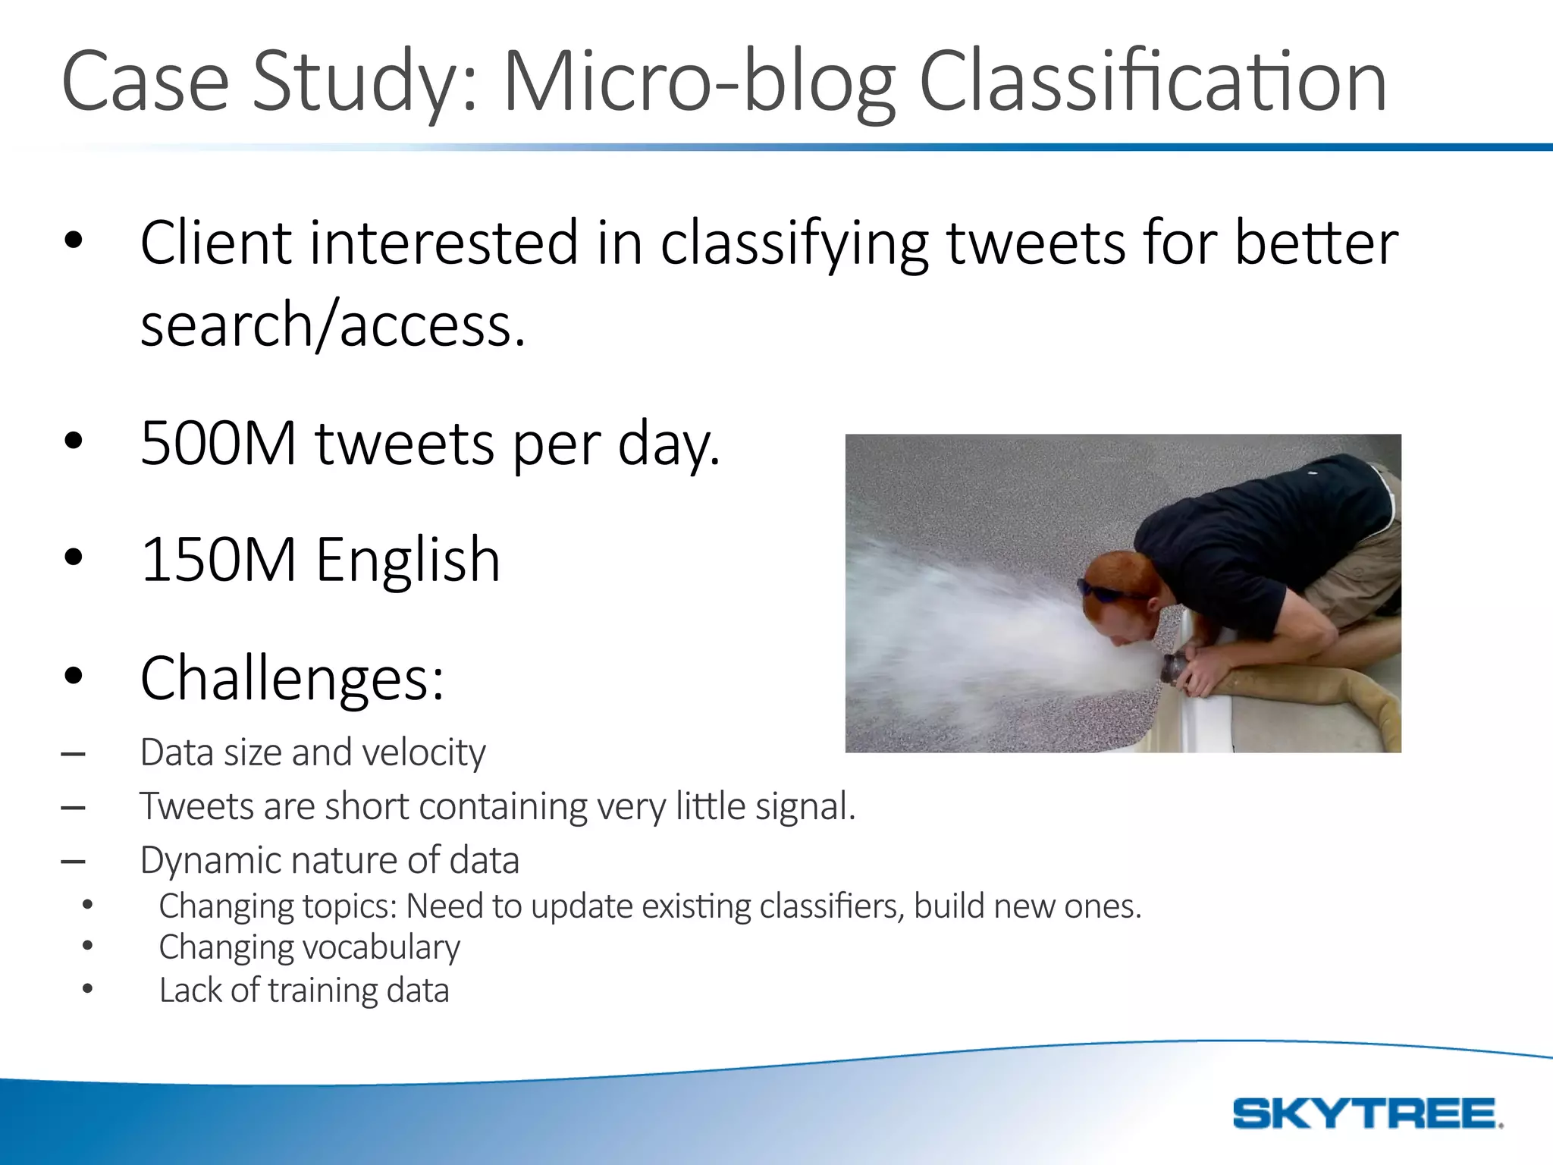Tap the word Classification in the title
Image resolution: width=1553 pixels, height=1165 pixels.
tap(1153, 82)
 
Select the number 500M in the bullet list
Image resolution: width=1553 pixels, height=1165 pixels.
tap(218, 443)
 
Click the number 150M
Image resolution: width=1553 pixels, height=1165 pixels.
tap(218, 560)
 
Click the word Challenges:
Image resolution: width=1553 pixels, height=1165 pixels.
tap(292, 679)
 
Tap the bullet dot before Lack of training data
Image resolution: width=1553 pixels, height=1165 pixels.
tap(88, 989)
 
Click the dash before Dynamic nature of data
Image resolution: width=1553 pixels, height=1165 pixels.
tap(73, 862)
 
